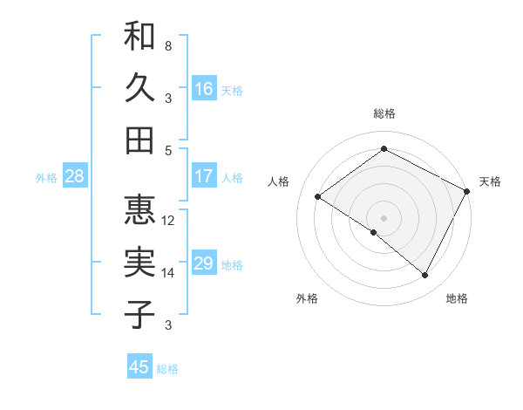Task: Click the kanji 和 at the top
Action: [x=139, y=37]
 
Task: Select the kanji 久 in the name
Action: [x=139, y=88]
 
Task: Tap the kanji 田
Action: [x=139, y=140]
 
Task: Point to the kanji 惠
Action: [x=139, y=209]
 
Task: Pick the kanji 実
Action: [x=139, y=262]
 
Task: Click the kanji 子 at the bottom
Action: [x=139, y=313]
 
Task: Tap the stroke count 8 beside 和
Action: [x=167, y=45]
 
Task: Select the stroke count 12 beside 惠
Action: [x=168, y=220]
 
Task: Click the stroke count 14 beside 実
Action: [x=168, y=273]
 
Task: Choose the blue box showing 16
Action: [x=204, y=89]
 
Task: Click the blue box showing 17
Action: [x=204, y=176]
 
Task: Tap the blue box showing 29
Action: [x=204, y=263]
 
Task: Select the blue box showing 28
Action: [x=75, y=176]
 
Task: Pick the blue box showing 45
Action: [x=139, y=367]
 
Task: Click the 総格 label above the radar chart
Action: [x=384, y=113]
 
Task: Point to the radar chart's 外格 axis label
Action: [x=307, y=298]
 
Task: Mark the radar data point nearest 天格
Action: [x=467, y=191]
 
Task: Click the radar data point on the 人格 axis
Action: [x=318, y=197]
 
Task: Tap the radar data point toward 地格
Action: [x=425, y=276]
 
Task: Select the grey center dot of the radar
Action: [x=384, y=217]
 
